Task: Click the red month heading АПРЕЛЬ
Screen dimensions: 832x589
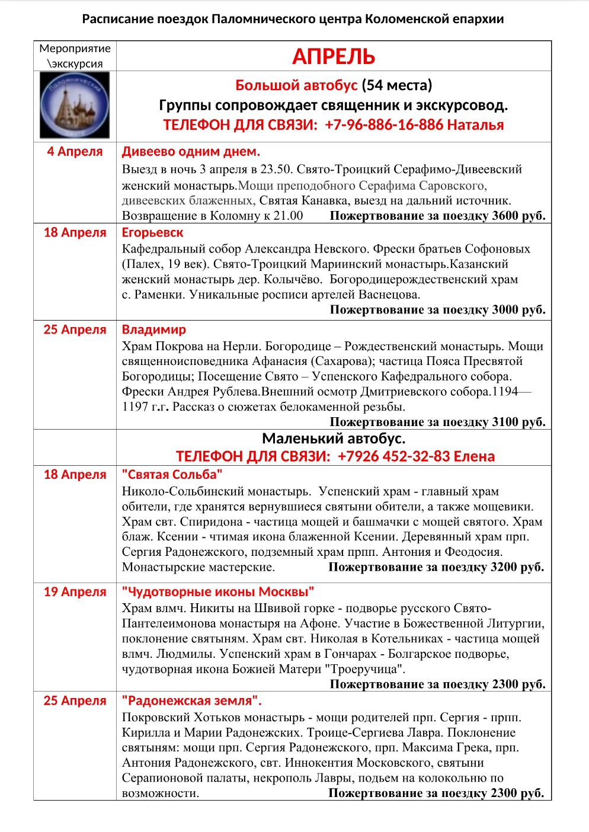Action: (x=334, y=57)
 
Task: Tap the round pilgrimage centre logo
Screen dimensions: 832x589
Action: (x=75, y=105)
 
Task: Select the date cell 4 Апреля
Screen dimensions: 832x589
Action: (x=75, y=152)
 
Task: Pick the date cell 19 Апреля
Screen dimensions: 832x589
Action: (x=75, y=592)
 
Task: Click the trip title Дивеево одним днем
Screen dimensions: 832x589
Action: (x=191, y=152)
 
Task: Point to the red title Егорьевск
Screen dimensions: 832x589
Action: (x=152, y=233)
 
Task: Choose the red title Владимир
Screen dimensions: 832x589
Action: (x=153, y=329)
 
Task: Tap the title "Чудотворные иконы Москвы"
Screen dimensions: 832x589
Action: (x=217, y=592)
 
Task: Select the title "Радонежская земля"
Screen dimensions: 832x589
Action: (x=191, y=701)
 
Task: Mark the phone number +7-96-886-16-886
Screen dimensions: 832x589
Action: (x=384, y=125)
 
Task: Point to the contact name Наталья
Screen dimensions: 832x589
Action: (x=475, y=125)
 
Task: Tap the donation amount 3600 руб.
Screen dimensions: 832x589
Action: (x=518, y=216)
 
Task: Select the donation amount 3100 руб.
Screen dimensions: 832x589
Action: (x=518, y=422)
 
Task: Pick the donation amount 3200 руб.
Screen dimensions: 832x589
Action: (x=517, y=567)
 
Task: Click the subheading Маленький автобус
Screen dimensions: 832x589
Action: (x=334, y=439)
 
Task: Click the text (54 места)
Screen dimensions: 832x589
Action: (x=396, y=85)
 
